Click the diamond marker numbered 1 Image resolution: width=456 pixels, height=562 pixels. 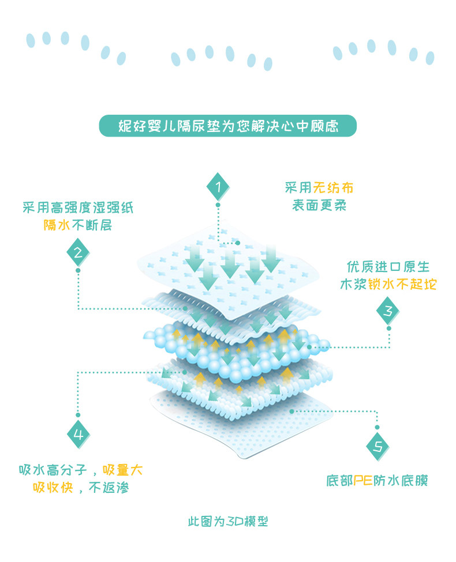point(218,187)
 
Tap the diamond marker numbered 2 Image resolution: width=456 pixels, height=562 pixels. point(78,251)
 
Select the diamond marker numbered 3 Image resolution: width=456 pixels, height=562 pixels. point(388,312)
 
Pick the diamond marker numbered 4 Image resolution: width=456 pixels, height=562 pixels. point(78,435)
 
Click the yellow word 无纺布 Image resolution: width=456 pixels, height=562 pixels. point(333,188)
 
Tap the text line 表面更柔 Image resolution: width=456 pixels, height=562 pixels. point(319,205)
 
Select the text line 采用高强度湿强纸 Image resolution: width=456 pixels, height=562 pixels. point(78,208)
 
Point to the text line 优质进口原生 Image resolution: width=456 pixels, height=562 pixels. point(388,267)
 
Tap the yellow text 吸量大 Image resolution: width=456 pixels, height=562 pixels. point(122,470)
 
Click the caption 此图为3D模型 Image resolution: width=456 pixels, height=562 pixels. point(227,522)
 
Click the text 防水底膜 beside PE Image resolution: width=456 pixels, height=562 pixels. point(399,480)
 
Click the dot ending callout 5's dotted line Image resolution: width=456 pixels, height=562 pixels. point(293,412)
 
